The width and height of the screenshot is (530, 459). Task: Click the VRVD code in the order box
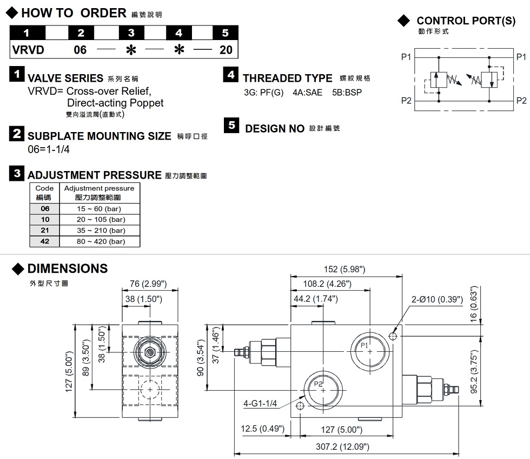pos(28,50)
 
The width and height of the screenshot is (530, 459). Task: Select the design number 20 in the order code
pos(226,50)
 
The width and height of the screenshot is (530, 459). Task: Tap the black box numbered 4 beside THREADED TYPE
pos(231,75)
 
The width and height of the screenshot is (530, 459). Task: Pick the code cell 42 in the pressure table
pos(45,241)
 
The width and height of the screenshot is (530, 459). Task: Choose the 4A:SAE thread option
pos(307,92)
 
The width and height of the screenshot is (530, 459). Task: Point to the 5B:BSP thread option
pos(347,92)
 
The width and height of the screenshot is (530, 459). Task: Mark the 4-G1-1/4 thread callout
pos(260,403)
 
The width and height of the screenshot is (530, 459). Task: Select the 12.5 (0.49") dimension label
pos(262,429)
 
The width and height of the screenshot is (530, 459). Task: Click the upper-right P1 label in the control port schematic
pos(521,57)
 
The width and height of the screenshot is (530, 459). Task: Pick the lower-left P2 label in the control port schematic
pos(406,100)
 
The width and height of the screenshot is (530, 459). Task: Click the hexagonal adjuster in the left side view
pos(150,352)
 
